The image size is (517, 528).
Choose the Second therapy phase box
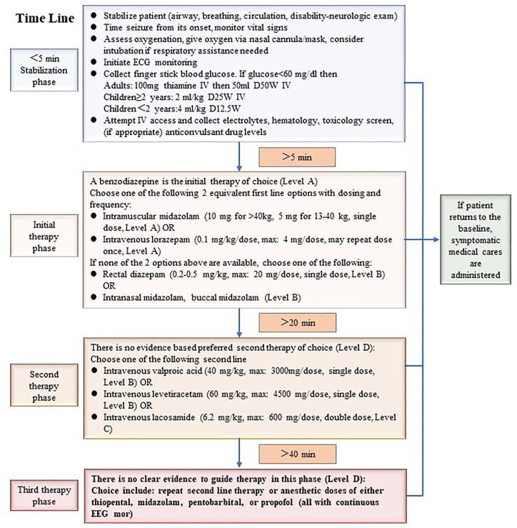pos(49,386)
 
